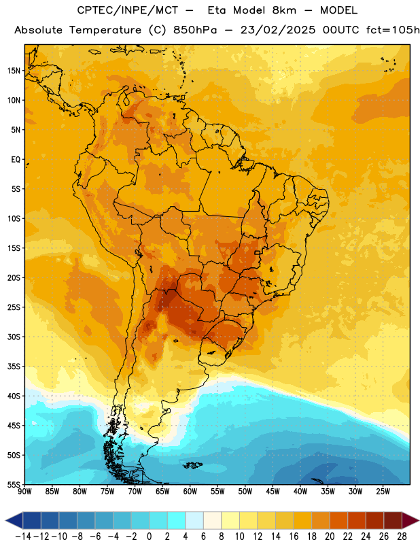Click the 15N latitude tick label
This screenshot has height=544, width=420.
pos(14,71)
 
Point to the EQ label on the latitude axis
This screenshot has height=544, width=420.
pos(16,160)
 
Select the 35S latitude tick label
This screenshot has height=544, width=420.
pos(14,367)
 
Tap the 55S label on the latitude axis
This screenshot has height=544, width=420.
pos(14,485)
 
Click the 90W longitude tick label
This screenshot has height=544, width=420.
pos(24,492)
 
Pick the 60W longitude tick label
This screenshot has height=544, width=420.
pos(190,492)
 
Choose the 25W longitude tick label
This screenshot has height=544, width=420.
pos(383,492)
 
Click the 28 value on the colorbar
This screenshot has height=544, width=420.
pos(402,537)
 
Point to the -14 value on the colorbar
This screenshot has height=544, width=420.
pos(23,537)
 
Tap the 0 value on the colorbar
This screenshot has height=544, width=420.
pos(149,537)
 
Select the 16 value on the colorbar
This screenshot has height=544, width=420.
pos(294,537)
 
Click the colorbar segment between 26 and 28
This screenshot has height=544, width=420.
pos(393,520)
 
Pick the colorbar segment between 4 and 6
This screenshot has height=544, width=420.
pos(194,520)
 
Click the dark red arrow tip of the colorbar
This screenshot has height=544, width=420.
pos(410,520)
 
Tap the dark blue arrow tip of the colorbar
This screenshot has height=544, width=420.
pos(14,520)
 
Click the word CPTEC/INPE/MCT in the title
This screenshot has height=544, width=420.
pos(128,10)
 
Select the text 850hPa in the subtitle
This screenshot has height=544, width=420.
pos(195,30)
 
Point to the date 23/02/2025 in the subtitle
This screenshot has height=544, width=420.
pos(278,30)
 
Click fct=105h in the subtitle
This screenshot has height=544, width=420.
pos(393,30)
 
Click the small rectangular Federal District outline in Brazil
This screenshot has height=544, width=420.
pos(258,252)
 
